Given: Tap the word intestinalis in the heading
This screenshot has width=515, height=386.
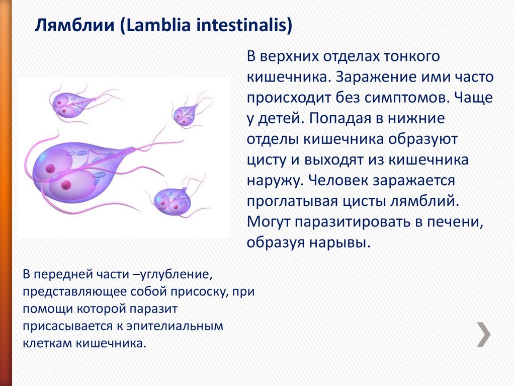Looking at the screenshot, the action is pos(242,25).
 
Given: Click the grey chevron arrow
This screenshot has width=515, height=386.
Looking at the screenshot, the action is pos(484,335).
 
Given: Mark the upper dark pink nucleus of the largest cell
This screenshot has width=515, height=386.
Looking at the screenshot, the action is pos(50,169).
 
